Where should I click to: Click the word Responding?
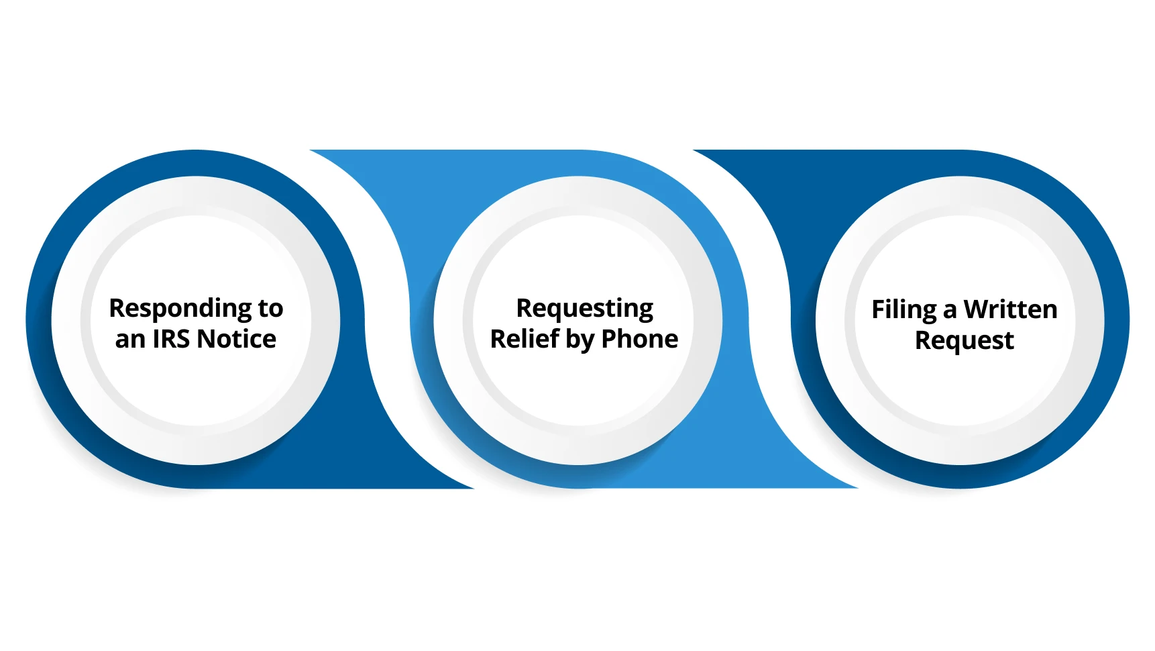click(x=180, y=309)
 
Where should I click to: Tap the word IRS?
click(x=171, y=340)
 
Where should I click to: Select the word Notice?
click(x=236, y=340)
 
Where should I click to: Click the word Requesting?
click(x=584, y=309)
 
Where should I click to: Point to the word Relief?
click(x=525, y=340)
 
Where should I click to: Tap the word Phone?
click(x=639, y=340)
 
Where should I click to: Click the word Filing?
click(x=903, y=311)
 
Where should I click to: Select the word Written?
click(x=1010, y=310)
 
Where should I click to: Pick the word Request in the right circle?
click(x=964, y=341)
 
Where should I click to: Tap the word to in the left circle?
click(x=270, y=309)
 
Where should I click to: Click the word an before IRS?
click(x=130, y=340)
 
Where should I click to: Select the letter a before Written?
click(x=950, y=311)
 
